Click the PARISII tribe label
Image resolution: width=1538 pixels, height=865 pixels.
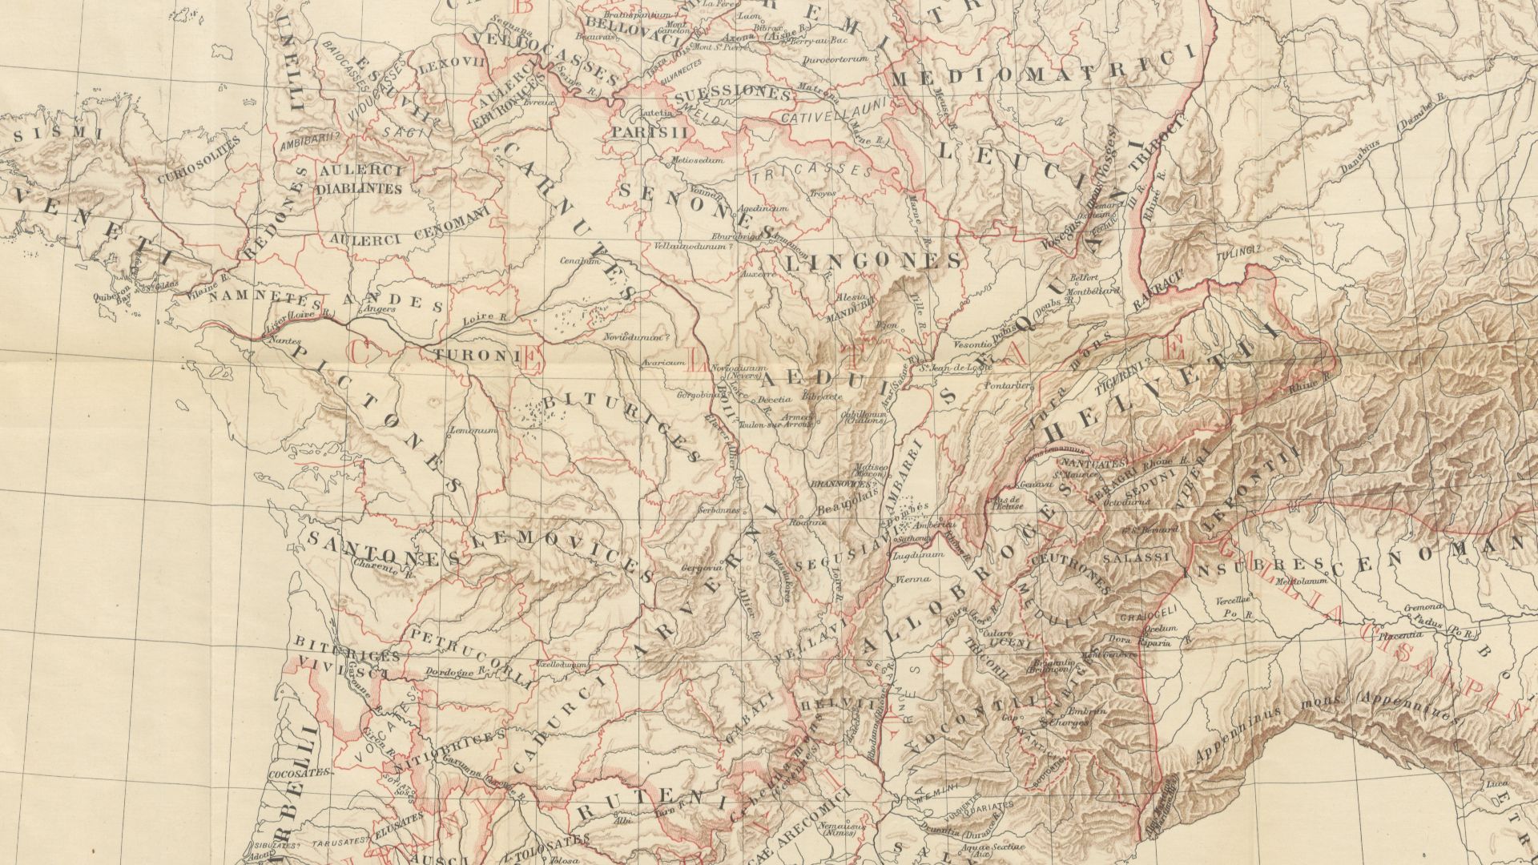pyautogui.click(x=650, y=132)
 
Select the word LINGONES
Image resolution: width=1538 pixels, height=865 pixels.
pyautogui.click(x=874, y=261)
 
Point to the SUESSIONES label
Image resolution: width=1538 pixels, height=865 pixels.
pyautogui.click(x=733, y=95)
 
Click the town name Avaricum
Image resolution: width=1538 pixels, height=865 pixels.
pyautogui.click(x=662, y=363)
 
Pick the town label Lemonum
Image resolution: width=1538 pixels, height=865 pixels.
pyautogui.click(x=473, y=430)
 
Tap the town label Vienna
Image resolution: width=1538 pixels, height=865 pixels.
pyautogui.click(x=912, y=579)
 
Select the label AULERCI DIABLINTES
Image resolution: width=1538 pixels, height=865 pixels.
pyautogui.click(x=358, y=180)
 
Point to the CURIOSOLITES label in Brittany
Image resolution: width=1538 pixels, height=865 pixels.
pyautogui.click(x=199, y=160)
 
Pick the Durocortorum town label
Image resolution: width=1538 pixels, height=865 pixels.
pyautogui.click(x=835, y=80)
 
